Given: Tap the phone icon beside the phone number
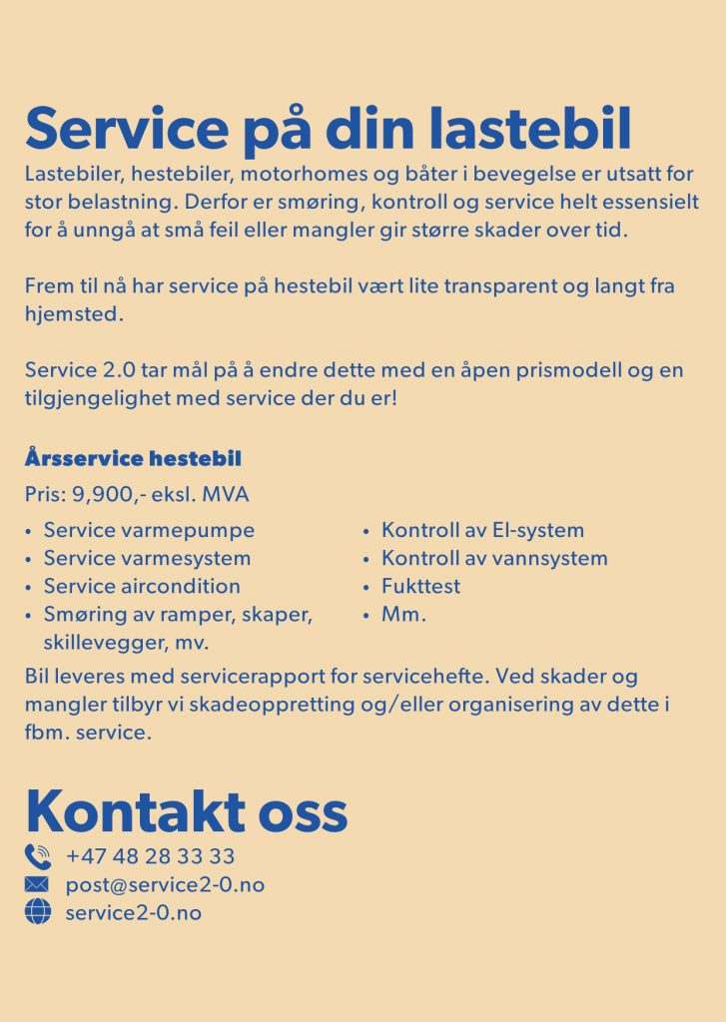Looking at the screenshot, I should coord(37,856).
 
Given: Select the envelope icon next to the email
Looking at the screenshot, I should coord(37,884).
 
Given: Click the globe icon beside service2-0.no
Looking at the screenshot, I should coord(37,912).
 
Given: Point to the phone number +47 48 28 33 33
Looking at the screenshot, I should coord(151,856).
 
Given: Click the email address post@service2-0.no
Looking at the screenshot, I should coord(165,884).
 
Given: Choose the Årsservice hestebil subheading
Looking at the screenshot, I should coord(133,460).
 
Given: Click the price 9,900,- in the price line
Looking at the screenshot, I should coord(108,495).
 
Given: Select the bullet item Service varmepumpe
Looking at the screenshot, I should coord(149,530).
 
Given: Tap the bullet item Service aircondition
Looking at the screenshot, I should coord(142,586).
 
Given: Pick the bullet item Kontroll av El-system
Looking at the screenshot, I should coord(482,530).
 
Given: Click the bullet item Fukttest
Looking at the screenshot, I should coord(420,586).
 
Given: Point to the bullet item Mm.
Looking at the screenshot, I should coord(403,614).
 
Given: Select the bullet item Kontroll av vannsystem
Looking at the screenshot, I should coord(494,558).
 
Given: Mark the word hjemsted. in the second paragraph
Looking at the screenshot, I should coord(74,313).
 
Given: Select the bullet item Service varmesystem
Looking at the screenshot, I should coord(147,558).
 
